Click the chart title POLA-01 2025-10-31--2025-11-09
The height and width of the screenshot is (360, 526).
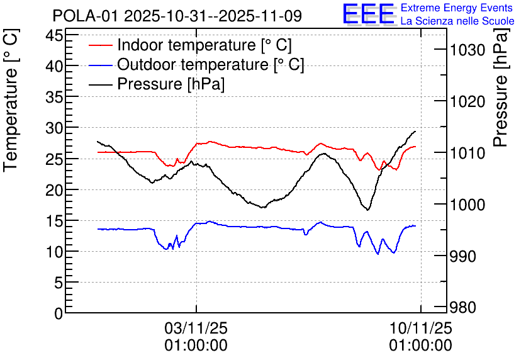(177, 15)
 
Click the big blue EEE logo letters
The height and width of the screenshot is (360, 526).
(368, 14)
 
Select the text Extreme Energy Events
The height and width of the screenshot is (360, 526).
(457, 8)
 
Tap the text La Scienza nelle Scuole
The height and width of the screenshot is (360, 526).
(457, 21)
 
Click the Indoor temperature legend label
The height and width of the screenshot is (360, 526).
(204, 45)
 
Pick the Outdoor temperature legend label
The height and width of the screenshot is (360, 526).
(210, 65)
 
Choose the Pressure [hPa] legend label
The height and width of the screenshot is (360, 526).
(171, 84)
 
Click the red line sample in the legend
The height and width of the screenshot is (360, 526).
(101, 45)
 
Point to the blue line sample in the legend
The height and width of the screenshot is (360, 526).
(101, 65)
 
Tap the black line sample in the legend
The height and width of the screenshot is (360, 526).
(101, 84)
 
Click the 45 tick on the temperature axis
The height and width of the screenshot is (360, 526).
(55, 35)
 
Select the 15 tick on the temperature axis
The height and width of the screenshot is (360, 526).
(55, 221)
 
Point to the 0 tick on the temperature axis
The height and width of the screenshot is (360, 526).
(59, 313)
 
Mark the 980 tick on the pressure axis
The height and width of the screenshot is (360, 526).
(464, 308)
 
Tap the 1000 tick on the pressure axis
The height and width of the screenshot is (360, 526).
(467, 205)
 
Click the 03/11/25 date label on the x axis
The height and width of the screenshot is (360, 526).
(196, 329)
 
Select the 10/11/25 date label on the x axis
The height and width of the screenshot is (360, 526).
(420, 329)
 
